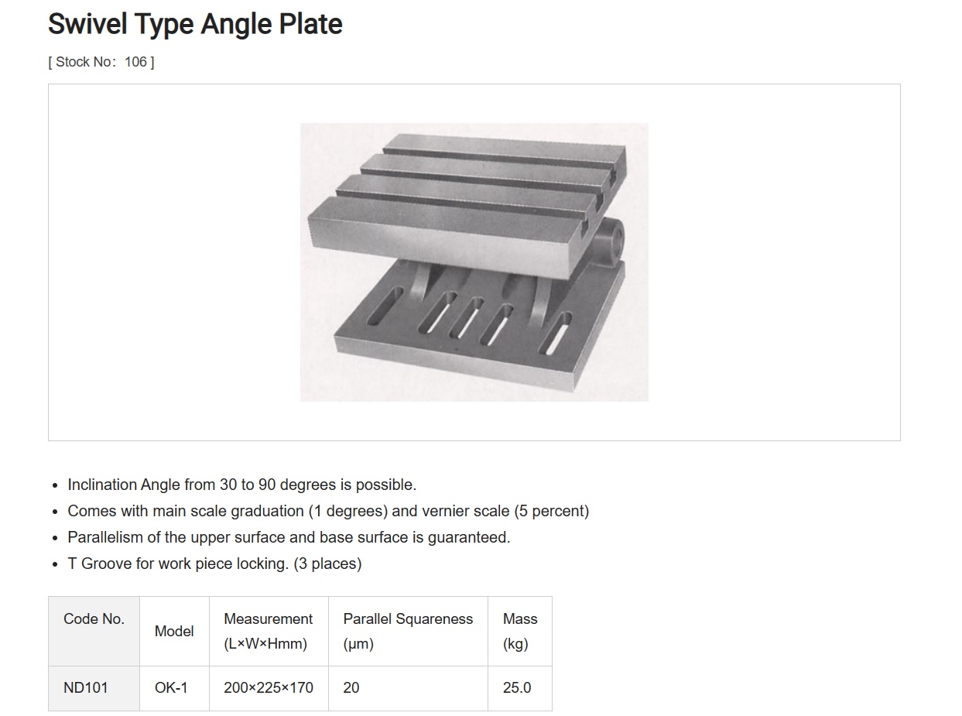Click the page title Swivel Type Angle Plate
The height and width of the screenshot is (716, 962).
195,25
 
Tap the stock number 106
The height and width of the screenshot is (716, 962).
135,62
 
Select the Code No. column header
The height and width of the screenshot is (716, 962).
94,619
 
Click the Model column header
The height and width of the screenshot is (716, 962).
174,631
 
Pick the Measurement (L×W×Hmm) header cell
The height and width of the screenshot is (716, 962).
268,631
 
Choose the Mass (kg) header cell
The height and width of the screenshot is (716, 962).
519,631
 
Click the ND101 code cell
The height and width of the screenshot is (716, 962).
86,687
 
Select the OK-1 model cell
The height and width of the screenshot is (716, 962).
171,687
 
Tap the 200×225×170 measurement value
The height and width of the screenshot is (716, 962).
268,687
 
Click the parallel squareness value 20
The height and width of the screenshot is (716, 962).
351,687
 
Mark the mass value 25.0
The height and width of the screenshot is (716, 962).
517,687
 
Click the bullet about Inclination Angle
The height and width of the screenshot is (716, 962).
241,485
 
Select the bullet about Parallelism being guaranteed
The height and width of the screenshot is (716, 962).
289,537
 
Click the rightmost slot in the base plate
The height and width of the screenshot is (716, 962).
557,333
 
